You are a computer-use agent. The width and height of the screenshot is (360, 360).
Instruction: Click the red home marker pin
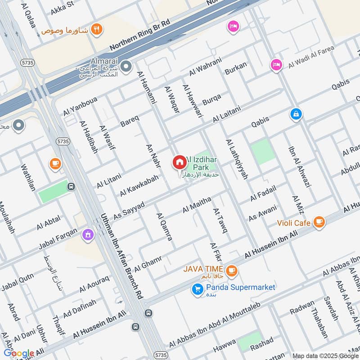[179, 162]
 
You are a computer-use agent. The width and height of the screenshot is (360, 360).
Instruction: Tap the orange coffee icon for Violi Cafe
[319, 221]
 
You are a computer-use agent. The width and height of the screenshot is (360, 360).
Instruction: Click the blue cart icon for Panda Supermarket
[197, 289]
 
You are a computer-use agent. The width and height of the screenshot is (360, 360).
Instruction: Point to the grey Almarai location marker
[127, 67]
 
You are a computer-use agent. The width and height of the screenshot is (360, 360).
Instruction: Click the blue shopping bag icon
[296, 114]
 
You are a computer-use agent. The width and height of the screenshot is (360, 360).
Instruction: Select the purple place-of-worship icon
[87, 234]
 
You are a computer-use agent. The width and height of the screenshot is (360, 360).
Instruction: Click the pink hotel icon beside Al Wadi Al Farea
[275, 65]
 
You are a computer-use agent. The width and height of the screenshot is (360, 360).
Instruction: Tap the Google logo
[19, 353]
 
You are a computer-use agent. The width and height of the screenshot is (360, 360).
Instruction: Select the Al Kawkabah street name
[139, 185]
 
